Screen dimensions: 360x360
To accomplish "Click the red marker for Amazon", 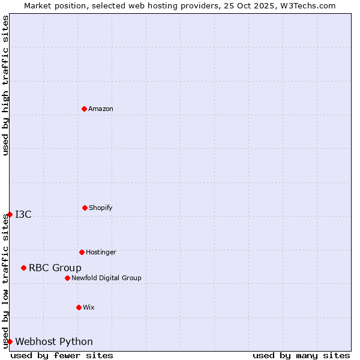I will point(85,109).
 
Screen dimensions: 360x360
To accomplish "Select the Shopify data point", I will point(85,208).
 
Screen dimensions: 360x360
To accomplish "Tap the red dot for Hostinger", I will point(82,252).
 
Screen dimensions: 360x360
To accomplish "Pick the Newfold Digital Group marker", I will point(67,278).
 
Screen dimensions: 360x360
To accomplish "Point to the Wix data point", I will point(79,307).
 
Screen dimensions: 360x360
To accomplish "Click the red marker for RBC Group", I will point(23,268).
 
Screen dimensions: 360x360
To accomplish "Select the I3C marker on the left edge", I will point(10,214).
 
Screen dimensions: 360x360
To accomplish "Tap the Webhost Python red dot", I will point(10,341).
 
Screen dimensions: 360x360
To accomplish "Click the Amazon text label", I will point(101,109).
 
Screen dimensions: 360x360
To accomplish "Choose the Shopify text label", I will point(101,208).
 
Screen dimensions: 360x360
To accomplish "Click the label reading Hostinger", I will point(101,252).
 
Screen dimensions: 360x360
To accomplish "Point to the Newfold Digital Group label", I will point(106,278).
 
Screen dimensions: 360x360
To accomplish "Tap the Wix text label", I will point(89,307).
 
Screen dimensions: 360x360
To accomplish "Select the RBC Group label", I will point(55,268).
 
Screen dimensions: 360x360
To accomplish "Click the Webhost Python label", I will point(54,341).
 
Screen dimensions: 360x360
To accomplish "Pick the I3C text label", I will point(23,214).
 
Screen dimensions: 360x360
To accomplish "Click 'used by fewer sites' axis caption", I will point(62,355).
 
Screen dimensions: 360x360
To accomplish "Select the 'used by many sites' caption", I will point(301,355).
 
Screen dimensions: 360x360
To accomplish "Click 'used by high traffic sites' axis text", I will point(5,85).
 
